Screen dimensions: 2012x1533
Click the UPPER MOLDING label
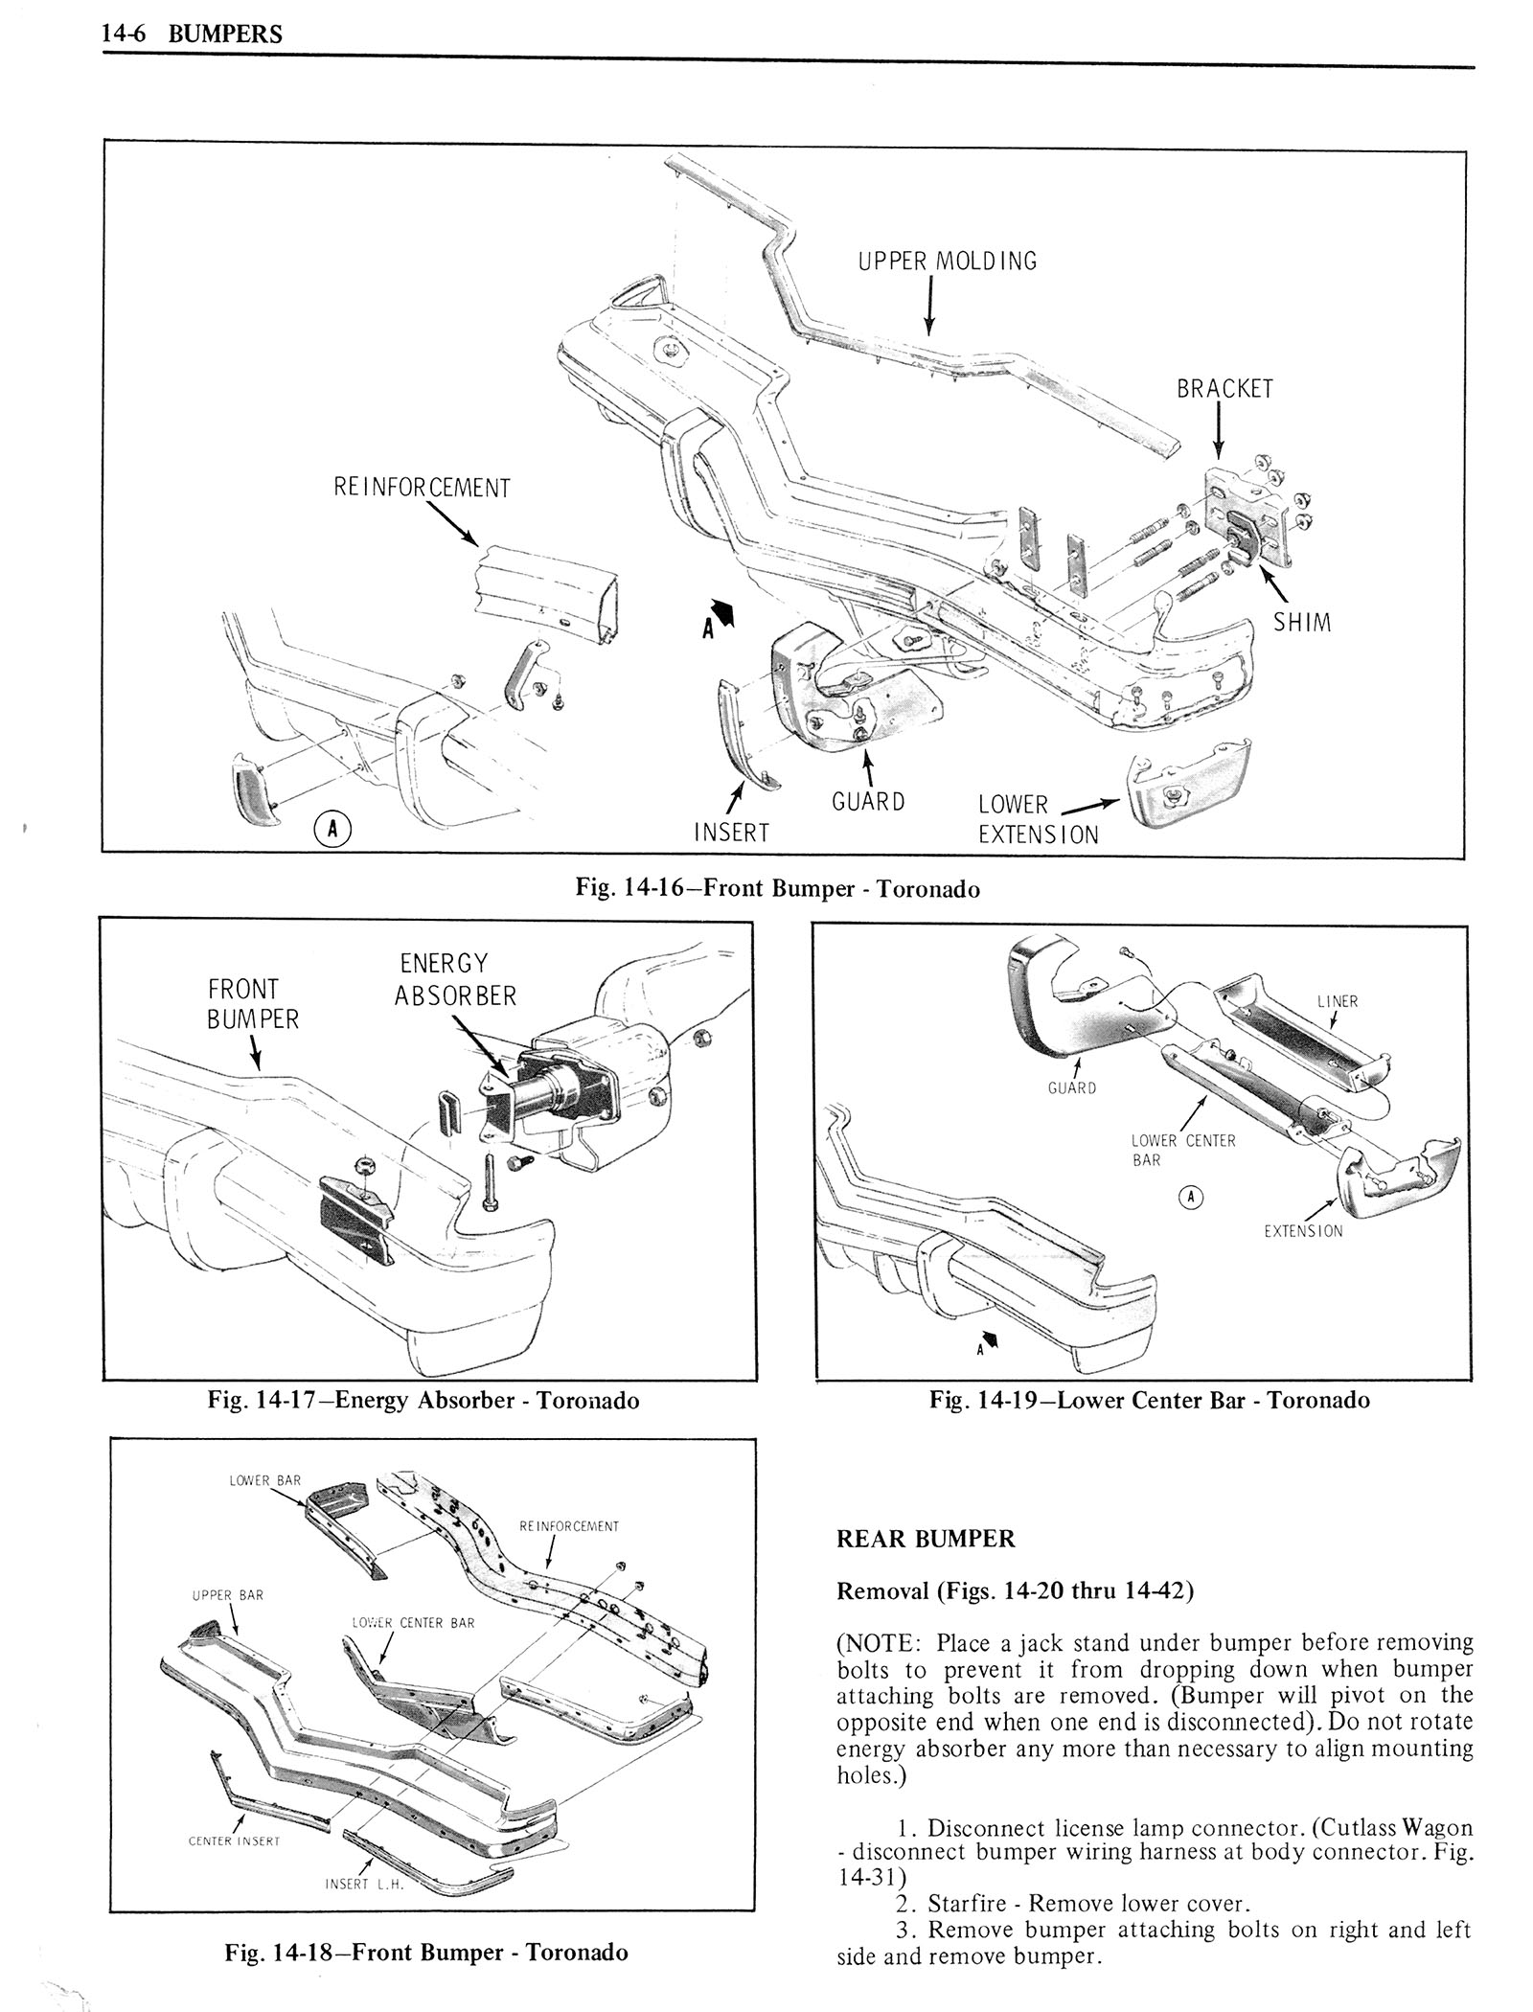[947, 261]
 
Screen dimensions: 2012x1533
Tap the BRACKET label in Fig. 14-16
[1224, 388]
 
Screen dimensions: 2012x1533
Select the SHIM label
[1302, 623]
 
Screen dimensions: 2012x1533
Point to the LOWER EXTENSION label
[1038, 819]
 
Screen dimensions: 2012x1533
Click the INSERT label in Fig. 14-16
[731, 833]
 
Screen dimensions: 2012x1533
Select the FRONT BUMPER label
[253, 1004]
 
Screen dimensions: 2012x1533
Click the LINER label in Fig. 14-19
[1337, 1001]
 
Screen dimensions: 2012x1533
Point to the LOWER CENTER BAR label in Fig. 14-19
[1182, 1150]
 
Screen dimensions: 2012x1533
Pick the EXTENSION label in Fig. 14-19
[1303, 1231]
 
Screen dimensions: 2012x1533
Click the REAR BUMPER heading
[925, 1540]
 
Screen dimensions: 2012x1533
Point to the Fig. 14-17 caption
[423, 1401]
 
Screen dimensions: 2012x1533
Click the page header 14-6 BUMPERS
[193, 34]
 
